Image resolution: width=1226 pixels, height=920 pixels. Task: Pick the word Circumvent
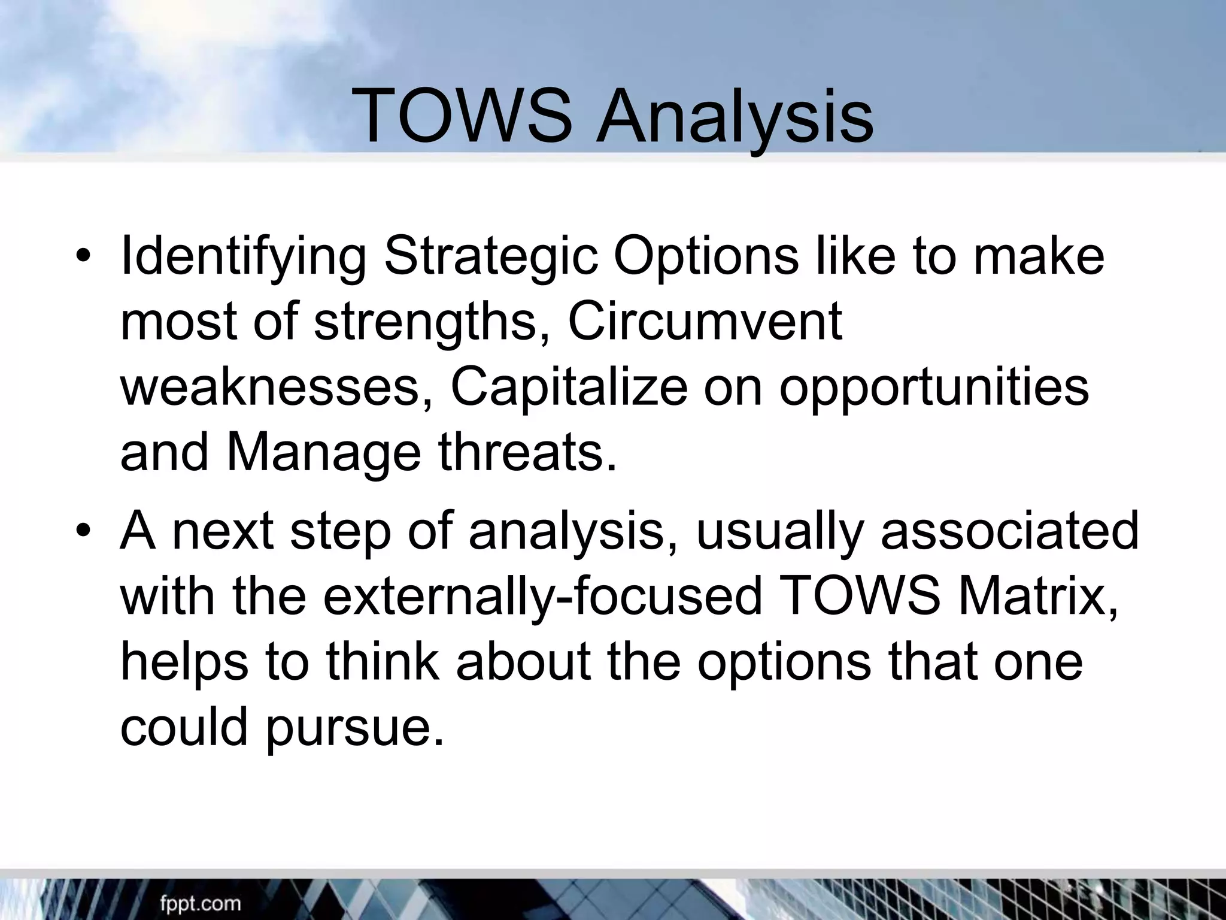pyautogui.click(x=705, y=322)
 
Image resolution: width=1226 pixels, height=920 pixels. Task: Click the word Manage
pyautogui.click(x=323, y=453)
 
